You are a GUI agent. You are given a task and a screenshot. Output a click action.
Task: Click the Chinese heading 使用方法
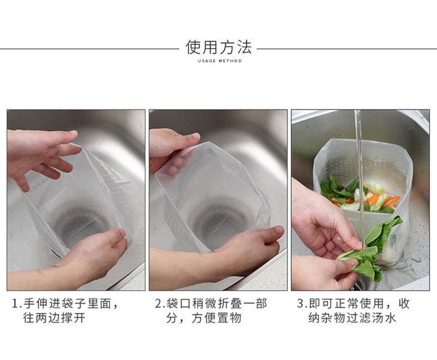point(218,47)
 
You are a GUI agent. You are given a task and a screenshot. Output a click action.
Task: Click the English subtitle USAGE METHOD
point(220,60)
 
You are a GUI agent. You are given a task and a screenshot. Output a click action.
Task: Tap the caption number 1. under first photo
point(17,304)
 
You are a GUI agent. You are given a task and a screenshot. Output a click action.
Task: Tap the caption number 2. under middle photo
point(160,304)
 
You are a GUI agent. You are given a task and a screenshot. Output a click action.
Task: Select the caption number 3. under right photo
point(302,304)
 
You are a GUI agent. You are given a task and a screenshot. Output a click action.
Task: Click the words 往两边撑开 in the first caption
point(54,318)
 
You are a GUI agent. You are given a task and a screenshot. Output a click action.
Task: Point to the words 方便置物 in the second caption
point(217,318)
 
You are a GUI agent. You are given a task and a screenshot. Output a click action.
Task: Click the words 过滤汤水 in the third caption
point(371,318)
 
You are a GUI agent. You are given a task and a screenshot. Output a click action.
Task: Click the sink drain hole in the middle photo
point(220,220)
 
